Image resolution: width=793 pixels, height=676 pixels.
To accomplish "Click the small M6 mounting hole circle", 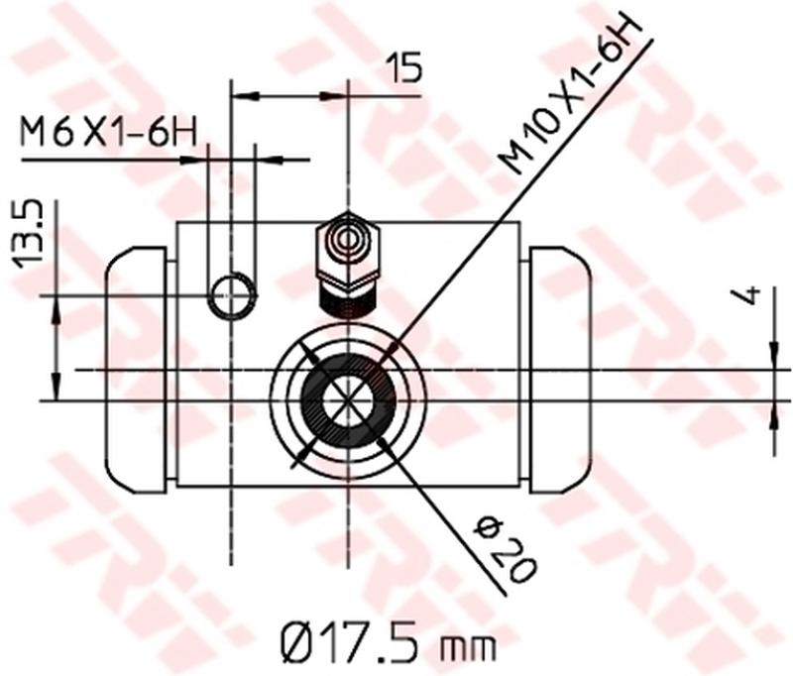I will click(x=233, y=295).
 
